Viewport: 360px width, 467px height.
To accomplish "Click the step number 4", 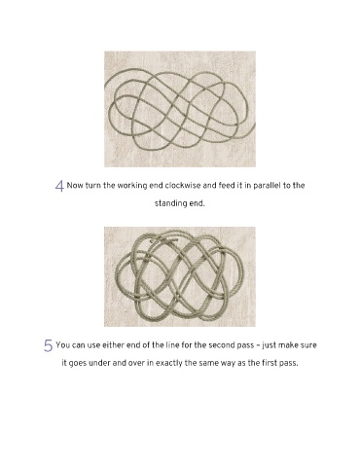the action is pos(59,186).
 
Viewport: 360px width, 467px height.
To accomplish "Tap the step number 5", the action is pos(48,345).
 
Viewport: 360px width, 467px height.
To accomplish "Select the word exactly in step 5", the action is pos(169,363).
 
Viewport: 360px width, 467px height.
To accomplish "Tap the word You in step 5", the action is pos(62,345).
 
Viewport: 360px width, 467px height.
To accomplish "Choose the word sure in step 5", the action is pos(308,345).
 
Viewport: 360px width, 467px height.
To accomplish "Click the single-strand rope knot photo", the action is pos(180,109).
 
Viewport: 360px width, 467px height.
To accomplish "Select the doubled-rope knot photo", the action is pos(180,276).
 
